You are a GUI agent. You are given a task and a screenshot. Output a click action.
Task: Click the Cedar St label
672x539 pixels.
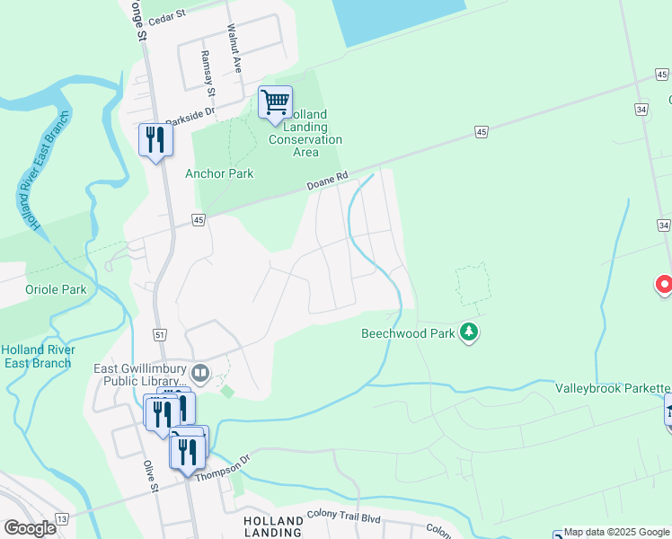[x=166, y=14]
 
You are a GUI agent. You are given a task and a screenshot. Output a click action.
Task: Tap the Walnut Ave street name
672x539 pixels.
[x=234, y=48]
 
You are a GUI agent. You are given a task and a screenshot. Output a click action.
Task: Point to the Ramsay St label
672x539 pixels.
[x=209, y=74]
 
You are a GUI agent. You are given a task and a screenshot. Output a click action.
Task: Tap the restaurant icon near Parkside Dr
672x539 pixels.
[x=155, y=140]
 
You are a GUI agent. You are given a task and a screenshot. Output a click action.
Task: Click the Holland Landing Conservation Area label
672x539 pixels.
[x=305, y=133]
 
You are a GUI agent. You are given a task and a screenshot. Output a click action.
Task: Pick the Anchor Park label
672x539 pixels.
[x=219, y=173]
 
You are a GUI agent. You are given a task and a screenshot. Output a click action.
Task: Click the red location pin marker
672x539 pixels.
[x=665, y=285]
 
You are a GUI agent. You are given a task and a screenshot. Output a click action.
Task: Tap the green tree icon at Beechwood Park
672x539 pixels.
[x=468, y=333]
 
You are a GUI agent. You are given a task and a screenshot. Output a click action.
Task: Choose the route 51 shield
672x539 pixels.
[x=159, y=334]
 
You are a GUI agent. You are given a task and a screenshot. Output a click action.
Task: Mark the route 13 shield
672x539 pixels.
[x=61, y=519]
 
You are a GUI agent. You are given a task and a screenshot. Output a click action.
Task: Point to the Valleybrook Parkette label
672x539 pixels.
[x=612, y=388]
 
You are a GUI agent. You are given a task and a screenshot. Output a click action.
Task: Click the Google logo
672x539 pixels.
[x=30, y=527]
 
